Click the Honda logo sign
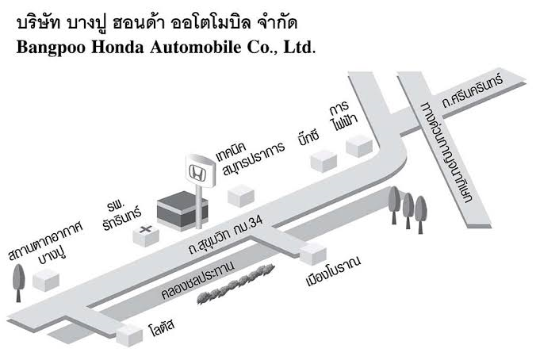click(201, 170)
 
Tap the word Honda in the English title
click(117, 47)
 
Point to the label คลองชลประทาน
click(198, 281)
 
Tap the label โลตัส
click(162, 327)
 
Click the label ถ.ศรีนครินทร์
click(473, 91)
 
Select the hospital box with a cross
click(147, 236)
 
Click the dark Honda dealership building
click(182, 211)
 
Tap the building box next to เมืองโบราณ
click(312, 255)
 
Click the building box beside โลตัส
click(129, 335)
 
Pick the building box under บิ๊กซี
click(324, 161)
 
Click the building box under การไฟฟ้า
click(359, 146)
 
